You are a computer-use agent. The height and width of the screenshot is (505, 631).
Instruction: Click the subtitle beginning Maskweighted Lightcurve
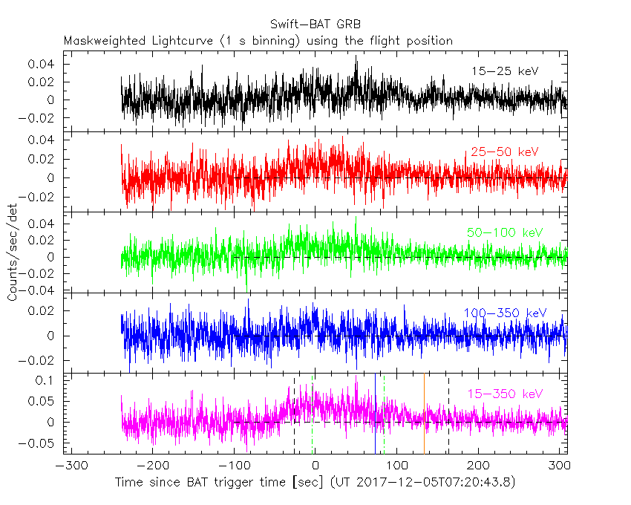pos(258,41)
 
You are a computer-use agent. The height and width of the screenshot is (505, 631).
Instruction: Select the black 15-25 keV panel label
pos(504,71)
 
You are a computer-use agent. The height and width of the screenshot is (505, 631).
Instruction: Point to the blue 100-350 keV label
pos(505,313)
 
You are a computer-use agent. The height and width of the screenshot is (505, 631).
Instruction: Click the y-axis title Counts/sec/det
pos(13,253)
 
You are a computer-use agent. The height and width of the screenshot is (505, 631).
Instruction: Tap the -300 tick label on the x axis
pos(68,467)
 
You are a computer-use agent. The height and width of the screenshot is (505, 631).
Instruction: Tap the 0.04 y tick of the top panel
pos(42,64)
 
